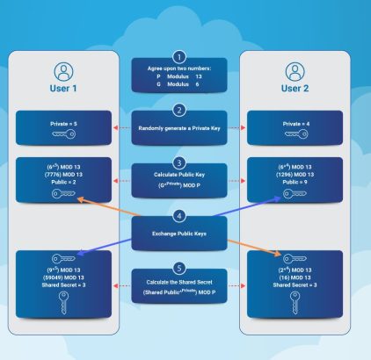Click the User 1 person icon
(63, 70)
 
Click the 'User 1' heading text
(63, 89)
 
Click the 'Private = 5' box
(63, 128)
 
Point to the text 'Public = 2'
(63, 182)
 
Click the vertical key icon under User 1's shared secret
(63, 304)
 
